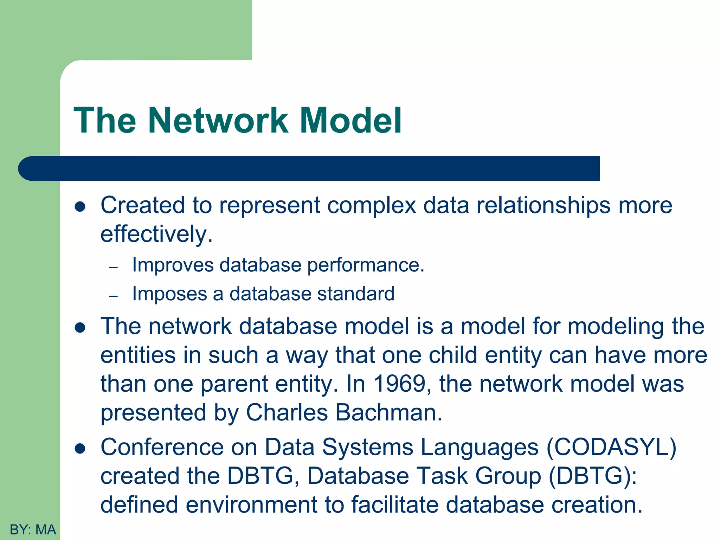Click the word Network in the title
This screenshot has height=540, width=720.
pyautogui.click(x=218, y=121)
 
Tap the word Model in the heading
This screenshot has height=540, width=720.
pyautogui.click(x=351, y=121)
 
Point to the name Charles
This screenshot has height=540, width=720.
pyautogui.click(x=287, y=412)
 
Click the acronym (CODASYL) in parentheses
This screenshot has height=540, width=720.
pyautogui.click(x=611, y=447)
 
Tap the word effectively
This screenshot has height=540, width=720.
pyautogui.click(x=156, y=234)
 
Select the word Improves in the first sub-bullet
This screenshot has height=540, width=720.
pyautogui.click(x=173, y=265)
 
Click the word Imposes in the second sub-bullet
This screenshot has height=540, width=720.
pyautogui.click(x=169, y=294)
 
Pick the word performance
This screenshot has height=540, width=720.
pyautogui.click(x=366, y=265)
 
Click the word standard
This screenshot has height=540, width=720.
pyautogui.click(x=355, y=294)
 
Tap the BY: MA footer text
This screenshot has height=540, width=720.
pyautogui.click(x=33, y=529)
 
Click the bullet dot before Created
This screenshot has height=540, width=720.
pyautogui.click(x=80, y=207)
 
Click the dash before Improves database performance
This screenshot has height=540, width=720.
pyautogui.click(x=113, y=268)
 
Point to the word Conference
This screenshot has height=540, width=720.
pyautogui.click(x=162, y=447)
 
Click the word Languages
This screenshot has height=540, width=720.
pyautogui.click(x=480, y=447)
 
